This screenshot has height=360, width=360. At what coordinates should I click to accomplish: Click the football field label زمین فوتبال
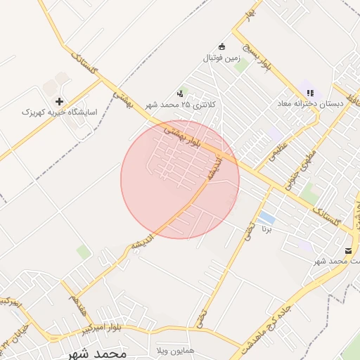tap(222, 58)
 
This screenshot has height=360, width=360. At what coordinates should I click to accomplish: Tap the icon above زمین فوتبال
tap(222, 46)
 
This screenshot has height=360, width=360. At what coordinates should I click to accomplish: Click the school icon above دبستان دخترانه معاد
tap(310, 93)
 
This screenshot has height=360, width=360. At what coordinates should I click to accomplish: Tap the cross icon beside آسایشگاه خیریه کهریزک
tap(59, 101)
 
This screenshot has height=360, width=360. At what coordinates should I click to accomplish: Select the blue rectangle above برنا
tap(266, 217)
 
